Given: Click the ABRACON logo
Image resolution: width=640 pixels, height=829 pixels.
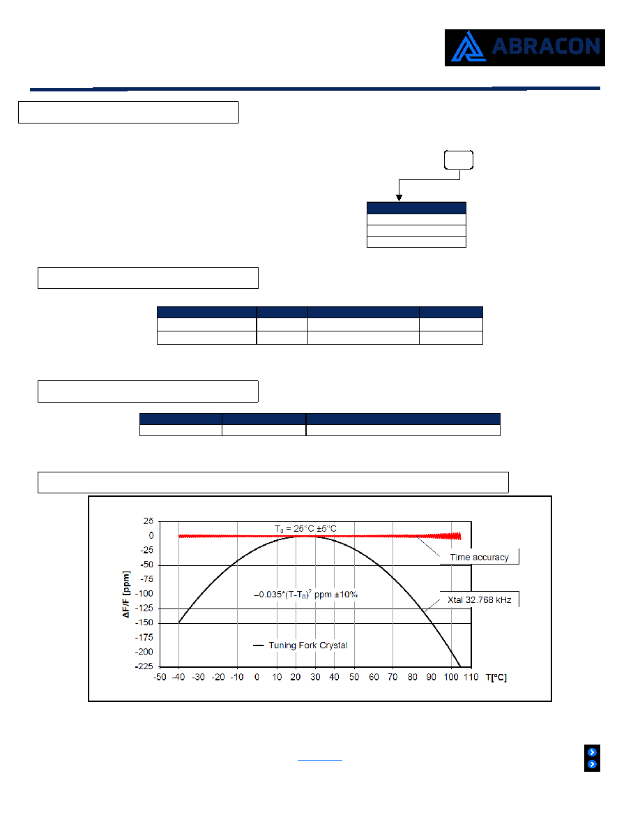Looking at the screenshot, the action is [x=524, y=47].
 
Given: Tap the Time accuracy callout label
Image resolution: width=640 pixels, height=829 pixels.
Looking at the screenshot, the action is [x=479, y=558].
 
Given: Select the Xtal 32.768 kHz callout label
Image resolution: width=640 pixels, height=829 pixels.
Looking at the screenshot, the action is [x=479, y=599].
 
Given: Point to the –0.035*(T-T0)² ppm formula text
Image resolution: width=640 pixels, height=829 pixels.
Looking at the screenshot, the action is [x=305, y=595].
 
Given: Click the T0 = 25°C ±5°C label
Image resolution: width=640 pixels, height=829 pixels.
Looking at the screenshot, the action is [x=305, y=529].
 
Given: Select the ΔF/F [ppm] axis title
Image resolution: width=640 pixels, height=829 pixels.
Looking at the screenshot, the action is [x=125, y=595].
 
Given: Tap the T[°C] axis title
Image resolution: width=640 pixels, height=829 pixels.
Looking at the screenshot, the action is [x=496, y=678].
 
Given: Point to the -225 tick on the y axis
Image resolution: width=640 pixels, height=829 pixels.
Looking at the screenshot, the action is [x=144, y=666].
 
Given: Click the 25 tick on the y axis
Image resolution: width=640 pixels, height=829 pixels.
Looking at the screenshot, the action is [x=148, y=521].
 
